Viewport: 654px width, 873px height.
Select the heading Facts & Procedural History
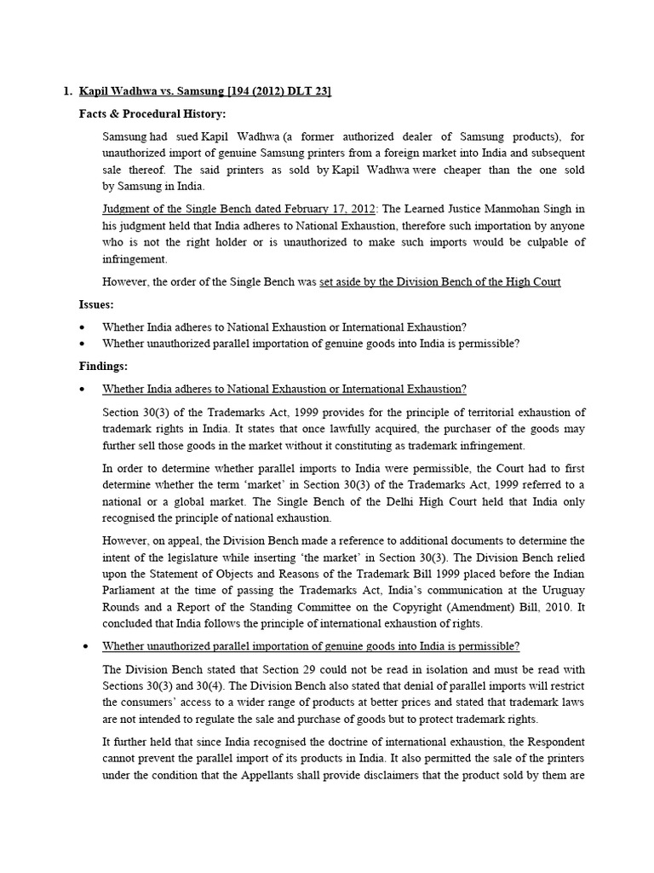pyautogui.click(x=152, y=114)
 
